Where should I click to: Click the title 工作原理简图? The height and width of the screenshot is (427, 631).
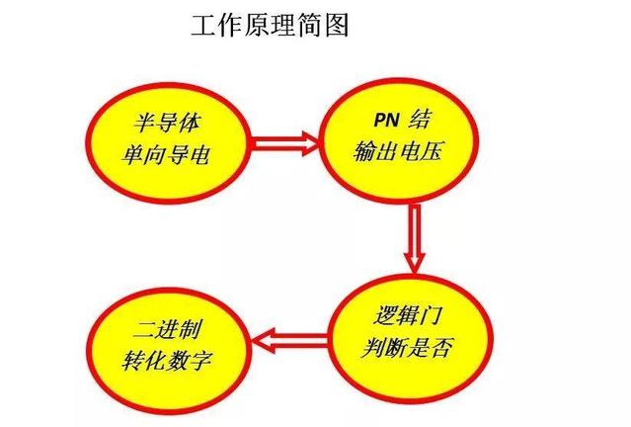270,26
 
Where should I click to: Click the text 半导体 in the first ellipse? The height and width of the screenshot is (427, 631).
173,124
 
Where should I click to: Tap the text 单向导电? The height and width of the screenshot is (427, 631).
173,154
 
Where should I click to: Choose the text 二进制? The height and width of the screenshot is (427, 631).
173,325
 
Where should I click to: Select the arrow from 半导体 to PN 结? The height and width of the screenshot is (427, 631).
286,143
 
